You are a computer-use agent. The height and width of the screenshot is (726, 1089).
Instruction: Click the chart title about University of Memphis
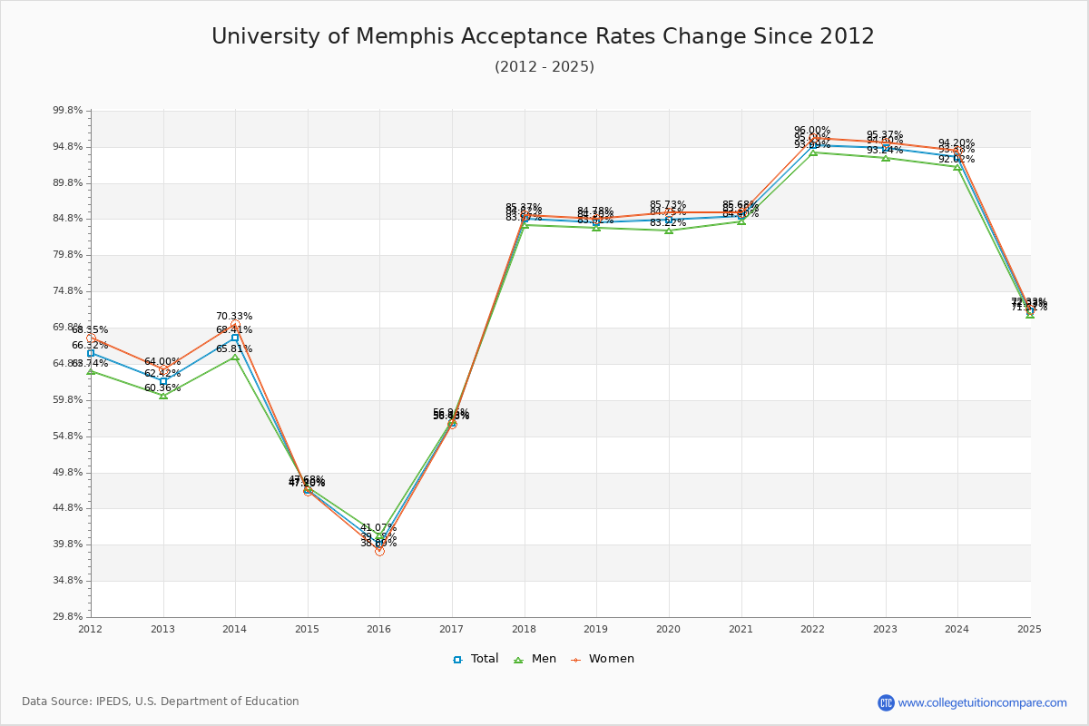pos(543,37)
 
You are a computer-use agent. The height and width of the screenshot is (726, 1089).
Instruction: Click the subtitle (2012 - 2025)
pos(544,67)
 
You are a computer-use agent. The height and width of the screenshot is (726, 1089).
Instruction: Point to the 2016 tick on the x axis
pos(379,628)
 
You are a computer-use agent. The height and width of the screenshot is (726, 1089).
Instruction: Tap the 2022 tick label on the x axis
pos(812,628)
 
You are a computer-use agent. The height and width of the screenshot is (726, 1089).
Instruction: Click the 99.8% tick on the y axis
pos(67,111)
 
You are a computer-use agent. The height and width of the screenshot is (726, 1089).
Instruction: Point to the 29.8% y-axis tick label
pos(67,617)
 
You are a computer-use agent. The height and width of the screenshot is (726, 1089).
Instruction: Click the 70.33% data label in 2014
pos(234,317)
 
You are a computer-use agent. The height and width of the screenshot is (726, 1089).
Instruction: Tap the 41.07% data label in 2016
pos(378,528)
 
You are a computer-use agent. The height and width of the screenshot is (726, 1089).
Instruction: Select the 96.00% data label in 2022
pos(812,131)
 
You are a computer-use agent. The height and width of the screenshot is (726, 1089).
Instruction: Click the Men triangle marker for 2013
pos(163,396)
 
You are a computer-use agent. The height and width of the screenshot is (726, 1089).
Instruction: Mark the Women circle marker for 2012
pos(91,338)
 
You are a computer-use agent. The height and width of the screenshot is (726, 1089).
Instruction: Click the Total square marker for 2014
pos(235,338)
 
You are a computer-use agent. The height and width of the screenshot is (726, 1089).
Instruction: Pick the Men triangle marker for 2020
pos(669,231)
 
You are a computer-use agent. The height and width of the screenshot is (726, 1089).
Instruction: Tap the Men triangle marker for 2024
pos(957,167)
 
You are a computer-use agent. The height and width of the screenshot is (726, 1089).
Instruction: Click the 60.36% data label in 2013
pos(162,388)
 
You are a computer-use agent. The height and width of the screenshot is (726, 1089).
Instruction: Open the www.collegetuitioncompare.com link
pos(982,702)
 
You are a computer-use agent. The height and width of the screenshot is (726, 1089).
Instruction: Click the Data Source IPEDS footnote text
pos(161,701)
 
